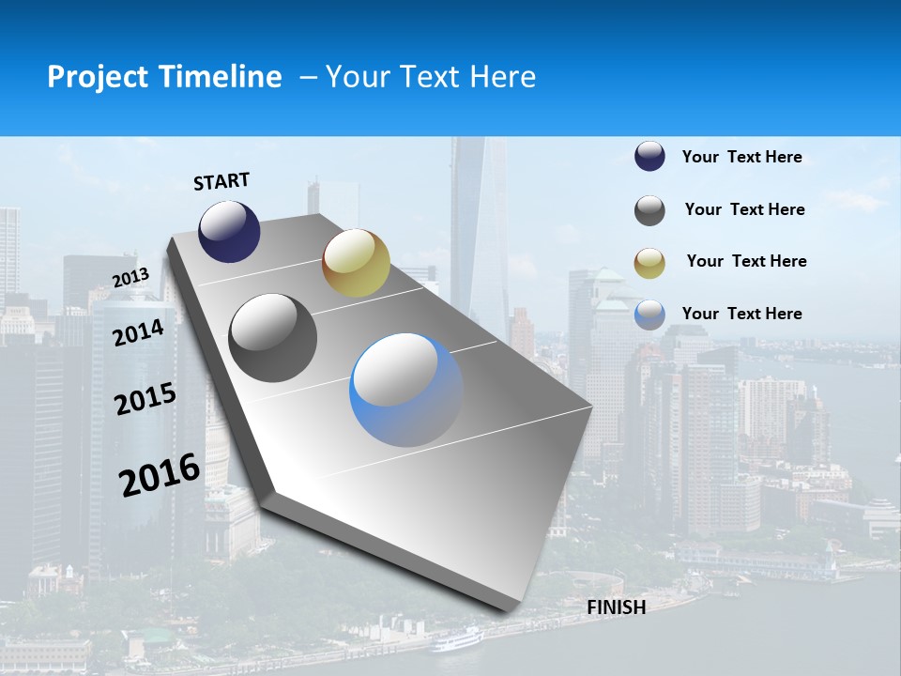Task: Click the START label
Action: [221, 181]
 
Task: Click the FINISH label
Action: [616, 607]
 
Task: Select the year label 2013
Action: [130, 277]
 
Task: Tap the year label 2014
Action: [139, 332]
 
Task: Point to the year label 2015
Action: [145, 399]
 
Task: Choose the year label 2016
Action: [160, 474]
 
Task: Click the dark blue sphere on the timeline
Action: [229, 231]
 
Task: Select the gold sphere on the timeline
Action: [356, 262]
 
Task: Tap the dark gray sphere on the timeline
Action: [273, 338]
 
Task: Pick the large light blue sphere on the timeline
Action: [406, 390]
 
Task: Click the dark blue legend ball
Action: [649, 157]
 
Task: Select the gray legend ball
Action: [649, 210]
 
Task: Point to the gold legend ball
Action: [649, 263]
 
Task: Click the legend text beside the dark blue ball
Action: [741, 158]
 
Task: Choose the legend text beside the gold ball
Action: [746, 261]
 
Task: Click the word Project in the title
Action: [99, 77]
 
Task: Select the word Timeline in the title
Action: [221, 77]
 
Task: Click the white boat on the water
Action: [457, 640]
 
